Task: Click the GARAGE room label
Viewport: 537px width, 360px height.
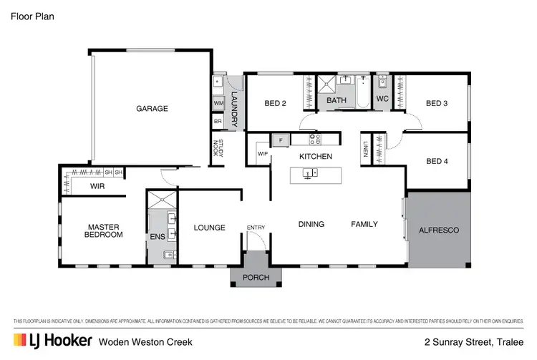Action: point(152,109)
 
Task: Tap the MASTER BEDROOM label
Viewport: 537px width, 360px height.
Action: point(103,230)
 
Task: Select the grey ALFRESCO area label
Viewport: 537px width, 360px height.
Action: point(438,230)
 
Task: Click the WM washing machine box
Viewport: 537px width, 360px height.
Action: point(218,104)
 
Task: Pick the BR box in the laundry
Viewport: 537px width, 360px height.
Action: point(218,122)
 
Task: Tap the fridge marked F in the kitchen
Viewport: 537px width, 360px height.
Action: point(281,140)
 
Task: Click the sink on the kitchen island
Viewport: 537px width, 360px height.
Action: point(310,173)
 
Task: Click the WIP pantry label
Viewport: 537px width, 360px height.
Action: point(261,153)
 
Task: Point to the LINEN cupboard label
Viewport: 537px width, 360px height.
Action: point(365,150)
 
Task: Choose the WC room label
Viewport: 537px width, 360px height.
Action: point(382,99)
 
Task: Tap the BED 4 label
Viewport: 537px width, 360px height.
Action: point(436,162)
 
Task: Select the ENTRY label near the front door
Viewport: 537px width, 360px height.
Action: point(256,228)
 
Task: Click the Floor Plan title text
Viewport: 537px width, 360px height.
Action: point(32,15)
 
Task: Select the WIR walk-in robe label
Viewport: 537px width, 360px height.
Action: point(97,186)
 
